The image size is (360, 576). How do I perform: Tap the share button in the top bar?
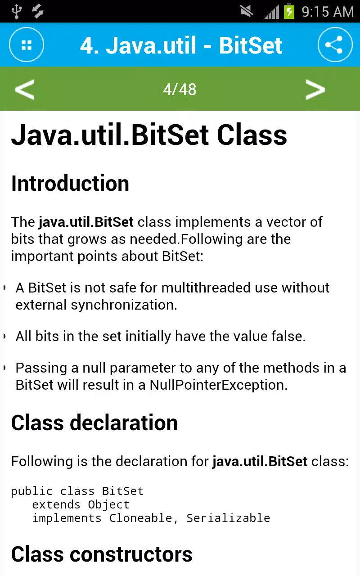tap(335, 45)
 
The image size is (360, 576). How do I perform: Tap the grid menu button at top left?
tap(27, 45)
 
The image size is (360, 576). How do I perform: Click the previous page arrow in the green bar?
tap(25, 89)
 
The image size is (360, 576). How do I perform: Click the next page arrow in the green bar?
tap(315, 89)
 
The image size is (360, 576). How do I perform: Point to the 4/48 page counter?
tap(180, 90)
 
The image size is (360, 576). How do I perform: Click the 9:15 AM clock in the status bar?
tap(328, 12)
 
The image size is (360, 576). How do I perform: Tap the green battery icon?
tap(289, 11)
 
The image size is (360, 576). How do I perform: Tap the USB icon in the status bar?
tap(17, 11)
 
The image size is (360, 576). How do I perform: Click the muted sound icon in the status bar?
tap(247, 11)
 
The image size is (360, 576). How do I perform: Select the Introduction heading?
tap(70, 183)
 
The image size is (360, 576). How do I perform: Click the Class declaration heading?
tap(94, 423)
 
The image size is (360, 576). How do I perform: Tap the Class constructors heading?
tap(102, 554)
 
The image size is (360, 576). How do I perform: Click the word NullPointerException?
tap(218, 385)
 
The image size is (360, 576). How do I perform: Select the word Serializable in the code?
tap(228, 518)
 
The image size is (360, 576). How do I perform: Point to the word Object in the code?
tap(108, 505)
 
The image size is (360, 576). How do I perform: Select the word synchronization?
tap(124, 305)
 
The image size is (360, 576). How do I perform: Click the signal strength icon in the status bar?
tap(272, 12)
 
